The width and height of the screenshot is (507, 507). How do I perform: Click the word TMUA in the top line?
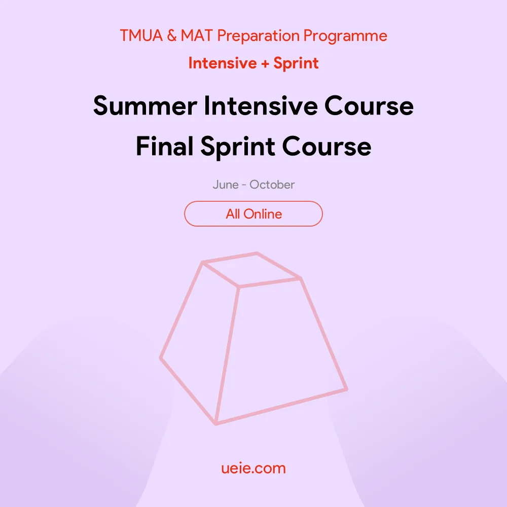(141, 35)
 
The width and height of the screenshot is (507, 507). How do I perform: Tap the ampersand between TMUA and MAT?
(172, 35)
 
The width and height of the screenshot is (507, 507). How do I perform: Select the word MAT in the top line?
(197, 35)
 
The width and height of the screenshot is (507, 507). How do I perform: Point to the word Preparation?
(259, 36)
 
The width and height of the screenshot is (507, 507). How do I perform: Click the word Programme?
(345, 36)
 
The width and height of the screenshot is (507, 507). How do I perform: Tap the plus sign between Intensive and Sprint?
(265, 64)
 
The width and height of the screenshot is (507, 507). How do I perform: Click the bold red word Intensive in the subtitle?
(223, 63)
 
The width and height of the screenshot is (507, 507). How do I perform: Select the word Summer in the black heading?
(145, 106)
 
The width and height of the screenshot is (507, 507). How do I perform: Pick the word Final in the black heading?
(165, 146)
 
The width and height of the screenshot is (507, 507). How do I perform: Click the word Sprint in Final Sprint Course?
(238, 147)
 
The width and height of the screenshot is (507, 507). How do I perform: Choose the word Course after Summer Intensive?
(369, 106)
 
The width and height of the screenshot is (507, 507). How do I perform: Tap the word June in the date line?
(226, 185)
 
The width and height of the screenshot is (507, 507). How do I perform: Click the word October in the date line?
(272, 185)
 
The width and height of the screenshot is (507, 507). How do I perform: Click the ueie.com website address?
(253, 468)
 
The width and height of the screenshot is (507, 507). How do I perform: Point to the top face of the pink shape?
(252, 270)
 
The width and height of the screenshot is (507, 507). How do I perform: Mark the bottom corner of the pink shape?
(216, 423)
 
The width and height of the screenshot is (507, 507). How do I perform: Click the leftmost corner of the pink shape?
(161, 358)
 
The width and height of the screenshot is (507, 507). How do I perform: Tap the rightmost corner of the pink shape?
(346, 389)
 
